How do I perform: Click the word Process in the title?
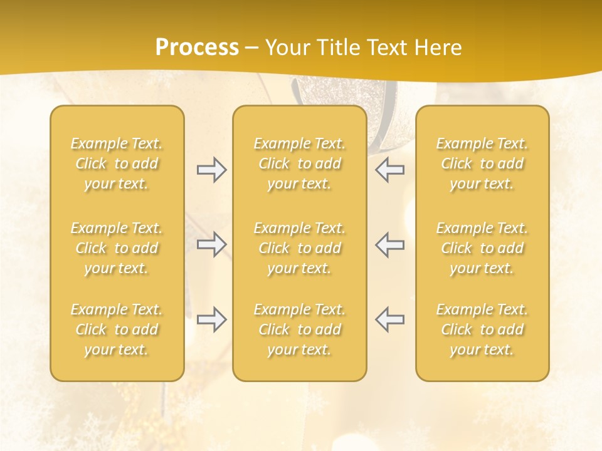coord(197,48)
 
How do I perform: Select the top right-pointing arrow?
coord(212,170)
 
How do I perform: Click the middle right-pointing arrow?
coord(212,244)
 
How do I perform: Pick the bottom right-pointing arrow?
coord(212,319)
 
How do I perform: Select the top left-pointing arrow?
coord(389,170)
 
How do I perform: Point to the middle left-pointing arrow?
coord(389,244)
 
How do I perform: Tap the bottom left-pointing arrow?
coord(389,319)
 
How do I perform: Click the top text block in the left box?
coord(117,163)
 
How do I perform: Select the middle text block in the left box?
coord(117,248)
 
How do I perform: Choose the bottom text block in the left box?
coord(117,329)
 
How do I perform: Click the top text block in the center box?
coord(300,163)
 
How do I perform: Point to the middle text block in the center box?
coord(300,248)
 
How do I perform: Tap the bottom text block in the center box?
coord(300,329)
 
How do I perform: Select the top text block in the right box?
coord(482,163)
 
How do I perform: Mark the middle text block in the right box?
coord(482,248)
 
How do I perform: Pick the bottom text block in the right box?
coord(482,329)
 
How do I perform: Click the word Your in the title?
coord(286,48)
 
